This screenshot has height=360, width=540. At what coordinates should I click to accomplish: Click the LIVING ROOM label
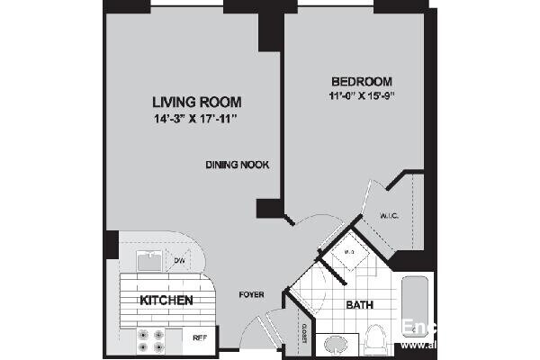pos(196,102)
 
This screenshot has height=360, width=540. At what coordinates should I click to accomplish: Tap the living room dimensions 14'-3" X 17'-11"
pos(196,118)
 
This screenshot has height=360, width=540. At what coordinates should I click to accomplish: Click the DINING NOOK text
pos(238,165)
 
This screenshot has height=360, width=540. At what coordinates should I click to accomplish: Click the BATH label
pos(360,306)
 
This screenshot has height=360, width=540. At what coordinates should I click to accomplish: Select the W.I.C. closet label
pos(390,215)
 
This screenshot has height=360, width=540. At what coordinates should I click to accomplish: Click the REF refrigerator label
pos(199,337)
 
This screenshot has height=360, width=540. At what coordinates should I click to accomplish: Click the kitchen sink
pos(149,261)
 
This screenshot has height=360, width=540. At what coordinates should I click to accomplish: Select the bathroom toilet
pos(377,339)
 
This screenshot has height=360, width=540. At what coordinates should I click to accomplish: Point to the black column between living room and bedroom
pos(270,31)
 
